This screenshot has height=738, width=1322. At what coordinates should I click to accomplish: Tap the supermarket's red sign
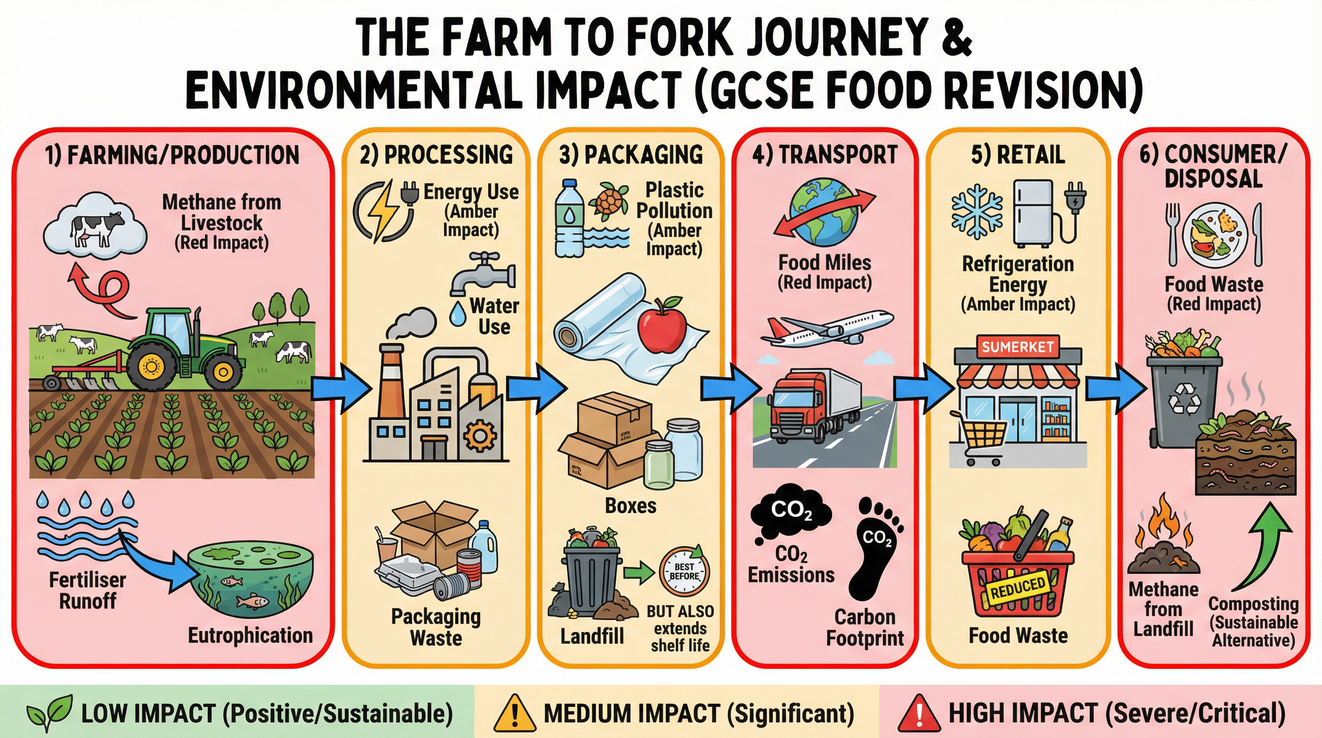pos(1017,347)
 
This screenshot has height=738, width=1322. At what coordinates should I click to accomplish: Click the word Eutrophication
pos(250,635)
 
